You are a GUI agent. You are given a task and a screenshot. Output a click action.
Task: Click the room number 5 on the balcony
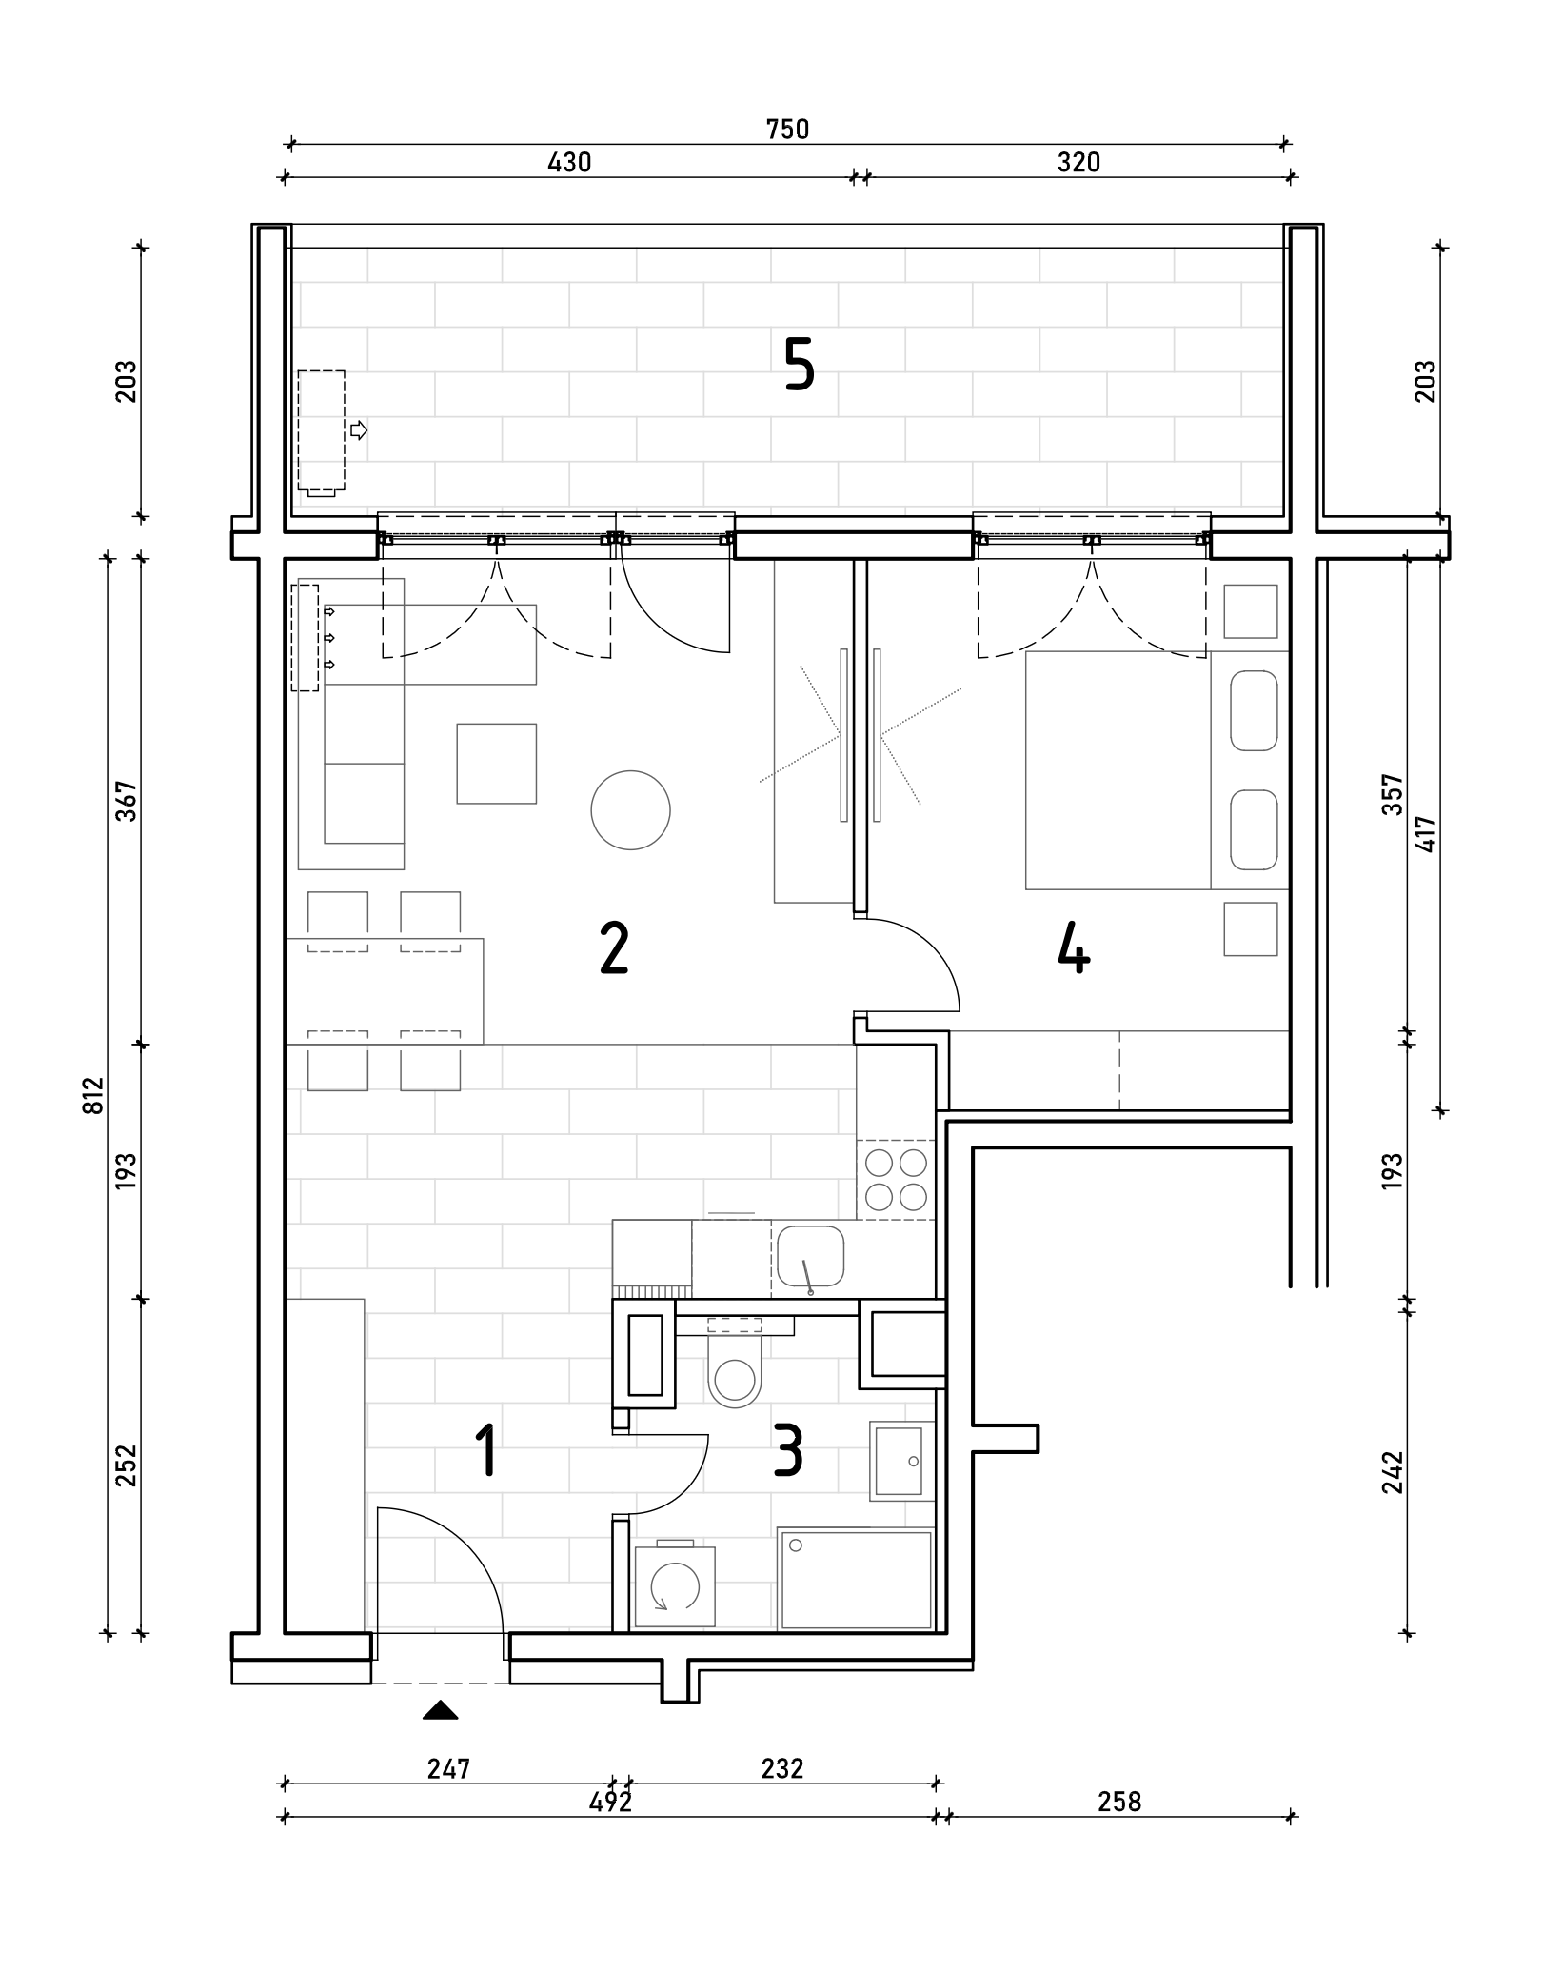click(800, 366)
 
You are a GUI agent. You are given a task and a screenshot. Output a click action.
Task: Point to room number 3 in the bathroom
click(788, 1451)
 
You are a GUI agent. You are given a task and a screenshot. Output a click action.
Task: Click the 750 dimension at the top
click(788, 129)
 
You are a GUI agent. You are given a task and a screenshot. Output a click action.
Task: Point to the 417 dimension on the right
click(1425, 834)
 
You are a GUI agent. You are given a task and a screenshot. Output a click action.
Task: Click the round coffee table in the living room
click(630, 810)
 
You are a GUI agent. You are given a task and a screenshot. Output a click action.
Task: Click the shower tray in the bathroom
click(856, 1580)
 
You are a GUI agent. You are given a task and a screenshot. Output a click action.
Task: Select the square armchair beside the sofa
click(496, 763)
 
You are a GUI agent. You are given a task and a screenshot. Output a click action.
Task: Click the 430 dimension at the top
click(569, 162)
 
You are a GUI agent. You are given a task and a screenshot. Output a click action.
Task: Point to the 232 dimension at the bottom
click(782, 1768)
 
